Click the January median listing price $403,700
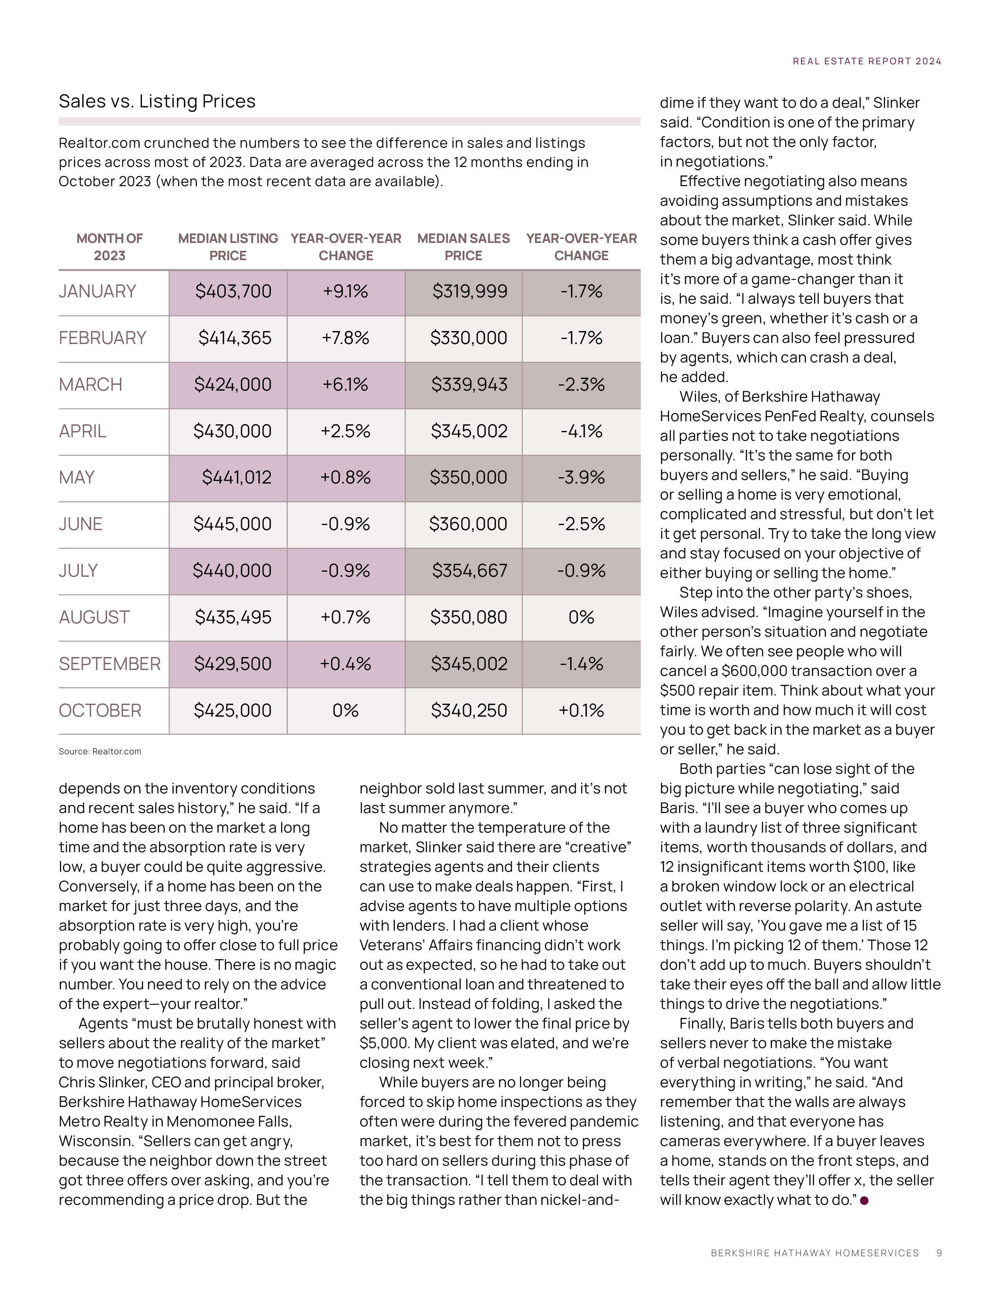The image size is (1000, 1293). tap(233, 291)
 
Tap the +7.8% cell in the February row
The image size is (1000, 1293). tap(345, 338)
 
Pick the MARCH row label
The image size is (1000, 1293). tap(91, 385)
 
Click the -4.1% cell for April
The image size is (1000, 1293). tap(581, 431)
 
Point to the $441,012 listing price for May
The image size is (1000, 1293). tap(236, 477)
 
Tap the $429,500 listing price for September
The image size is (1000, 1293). tap(233, 664)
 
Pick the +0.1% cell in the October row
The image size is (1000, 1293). tap(581, 710)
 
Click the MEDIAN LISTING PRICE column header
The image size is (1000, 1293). tap(228, 247)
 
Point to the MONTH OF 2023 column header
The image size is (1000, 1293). tap(109, 247)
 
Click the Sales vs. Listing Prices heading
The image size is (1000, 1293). tap(157, 101)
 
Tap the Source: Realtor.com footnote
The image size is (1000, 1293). tap(100, 751)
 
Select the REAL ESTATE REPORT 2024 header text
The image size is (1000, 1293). tap(867, 61)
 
